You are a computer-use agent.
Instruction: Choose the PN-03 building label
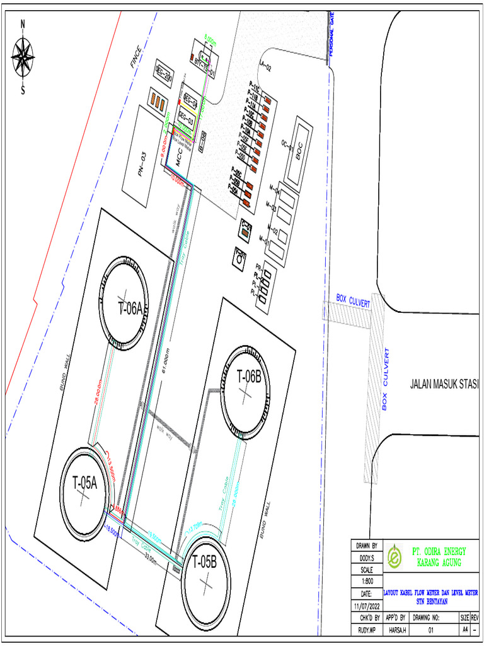pos(143,165)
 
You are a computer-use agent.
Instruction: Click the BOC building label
pos(300,148)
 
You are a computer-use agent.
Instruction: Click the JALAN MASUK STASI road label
pos(444,384)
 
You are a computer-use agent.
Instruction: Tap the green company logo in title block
pos(395,557)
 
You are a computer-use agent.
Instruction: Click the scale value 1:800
pos(366,581)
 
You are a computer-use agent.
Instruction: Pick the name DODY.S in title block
pos(366,558)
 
